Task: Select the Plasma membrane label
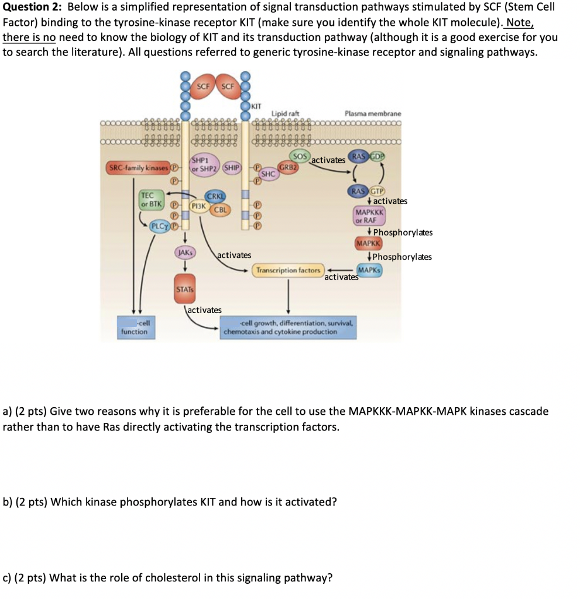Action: coord(373,113)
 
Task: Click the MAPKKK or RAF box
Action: coord(369,216)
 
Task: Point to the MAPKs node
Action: coord(369,270)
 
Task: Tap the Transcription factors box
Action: coord(288,270)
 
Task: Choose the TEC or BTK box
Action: coord(147,199)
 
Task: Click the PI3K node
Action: coord(198,205)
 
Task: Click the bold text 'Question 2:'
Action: coord(32,8)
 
